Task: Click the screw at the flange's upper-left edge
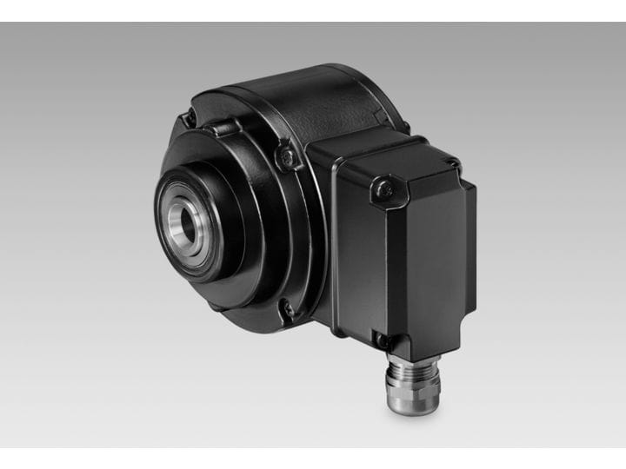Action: [189, 119]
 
